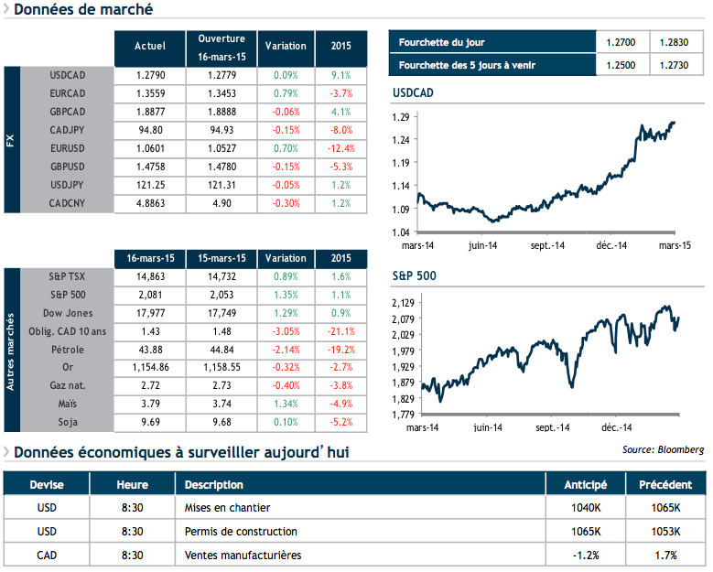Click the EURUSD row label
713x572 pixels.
(68, 149)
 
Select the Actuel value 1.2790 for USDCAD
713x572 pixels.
(149, 74)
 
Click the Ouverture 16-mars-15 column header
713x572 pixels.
(221, 48)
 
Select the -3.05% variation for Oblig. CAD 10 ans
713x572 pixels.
(286, 331)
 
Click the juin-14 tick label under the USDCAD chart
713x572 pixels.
(482, 246)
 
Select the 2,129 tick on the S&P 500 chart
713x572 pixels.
(403, 302)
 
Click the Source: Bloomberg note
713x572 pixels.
(663, 449)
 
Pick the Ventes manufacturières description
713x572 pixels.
(243, 555)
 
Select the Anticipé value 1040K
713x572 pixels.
(585, 507)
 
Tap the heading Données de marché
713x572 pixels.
(83, 10)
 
